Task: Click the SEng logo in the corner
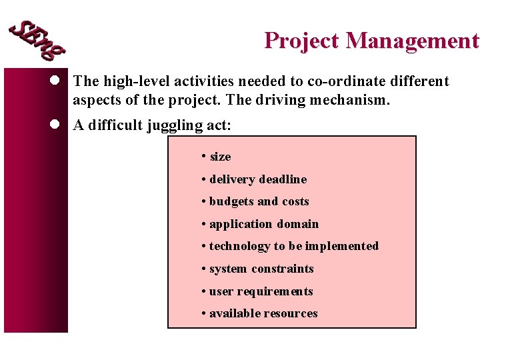coord(37,39)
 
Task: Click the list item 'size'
coord(220,157)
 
